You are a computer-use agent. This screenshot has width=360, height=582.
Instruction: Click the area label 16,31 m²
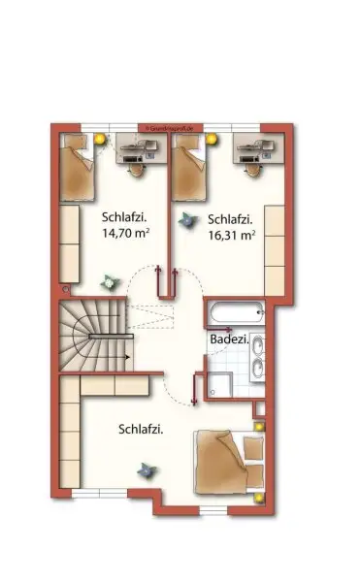tap(231, 234)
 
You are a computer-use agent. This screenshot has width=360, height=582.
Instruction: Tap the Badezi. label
tap(229, 339)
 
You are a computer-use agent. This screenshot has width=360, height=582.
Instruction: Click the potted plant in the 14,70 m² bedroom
tap(109, 281)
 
